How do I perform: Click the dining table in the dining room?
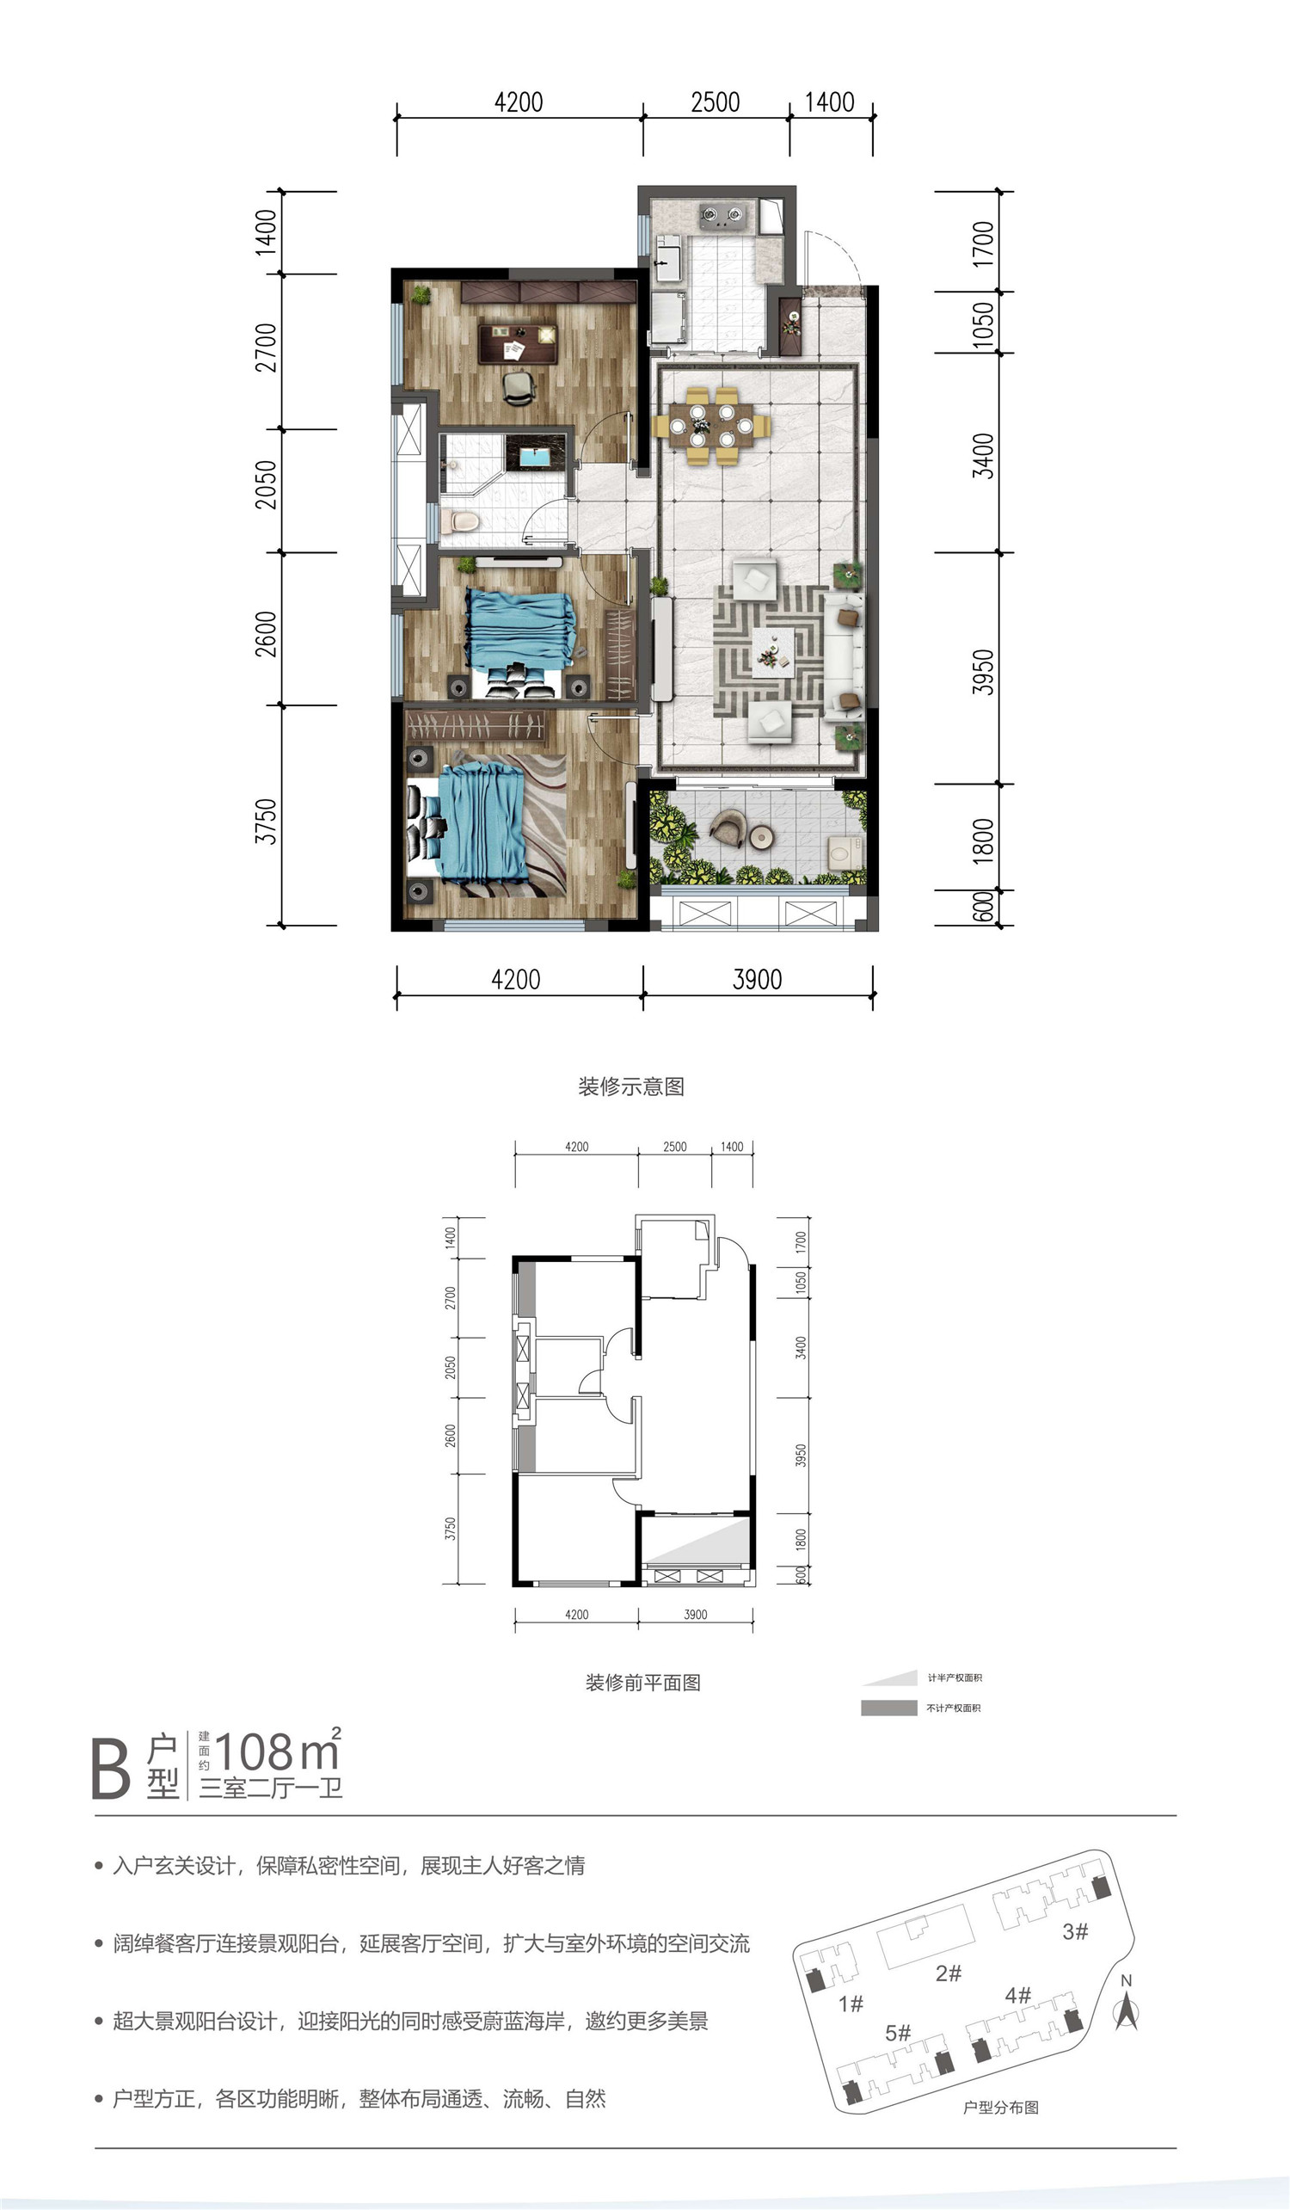point(711,425)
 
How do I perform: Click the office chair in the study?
point(519,387)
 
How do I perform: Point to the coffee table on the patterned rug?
point(772,651)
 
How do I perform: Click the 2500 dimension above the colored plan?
point(715,102)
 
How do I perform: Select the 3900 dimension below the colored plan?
point(757,979)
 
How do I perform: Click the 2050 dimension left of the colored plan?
point(266,484)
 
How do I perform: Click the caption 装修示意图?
point(630,1086)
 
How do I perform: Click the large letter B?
point(110,1769)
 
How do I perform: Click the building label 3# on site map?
point(1075,1931)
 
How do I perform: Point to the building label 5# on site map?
point(898,2033)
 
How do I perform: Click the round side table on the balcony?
point(763,838)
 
